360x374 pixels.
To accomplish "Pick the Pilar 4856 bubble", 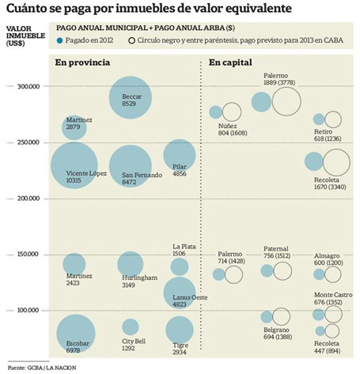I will click(x=180, y=156).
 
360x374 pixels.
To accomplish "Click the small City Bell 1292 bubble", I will click(x=131, y=327).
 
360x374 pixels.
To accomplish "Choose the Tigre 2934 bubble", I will click(x=180, y=330).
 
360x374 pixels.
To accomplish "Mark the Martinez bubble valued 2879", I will click(x=74, y=127).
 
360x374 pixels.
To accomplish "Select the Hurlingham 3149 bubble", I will click(x=131, y=264).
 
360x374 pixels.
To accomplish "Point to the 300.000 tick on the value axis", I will click(x=30, y=86).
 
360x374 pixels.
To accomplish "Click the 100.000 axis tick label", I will click(x=30, y=310).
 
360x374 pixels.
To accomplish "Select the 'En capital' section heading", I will click(x=230, y=62).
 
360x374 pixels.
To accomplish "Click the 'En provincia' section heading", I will click(x=82, y=62).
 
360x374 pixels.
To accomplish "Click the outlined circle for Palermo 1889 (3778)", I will click(x=286, y=101).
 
